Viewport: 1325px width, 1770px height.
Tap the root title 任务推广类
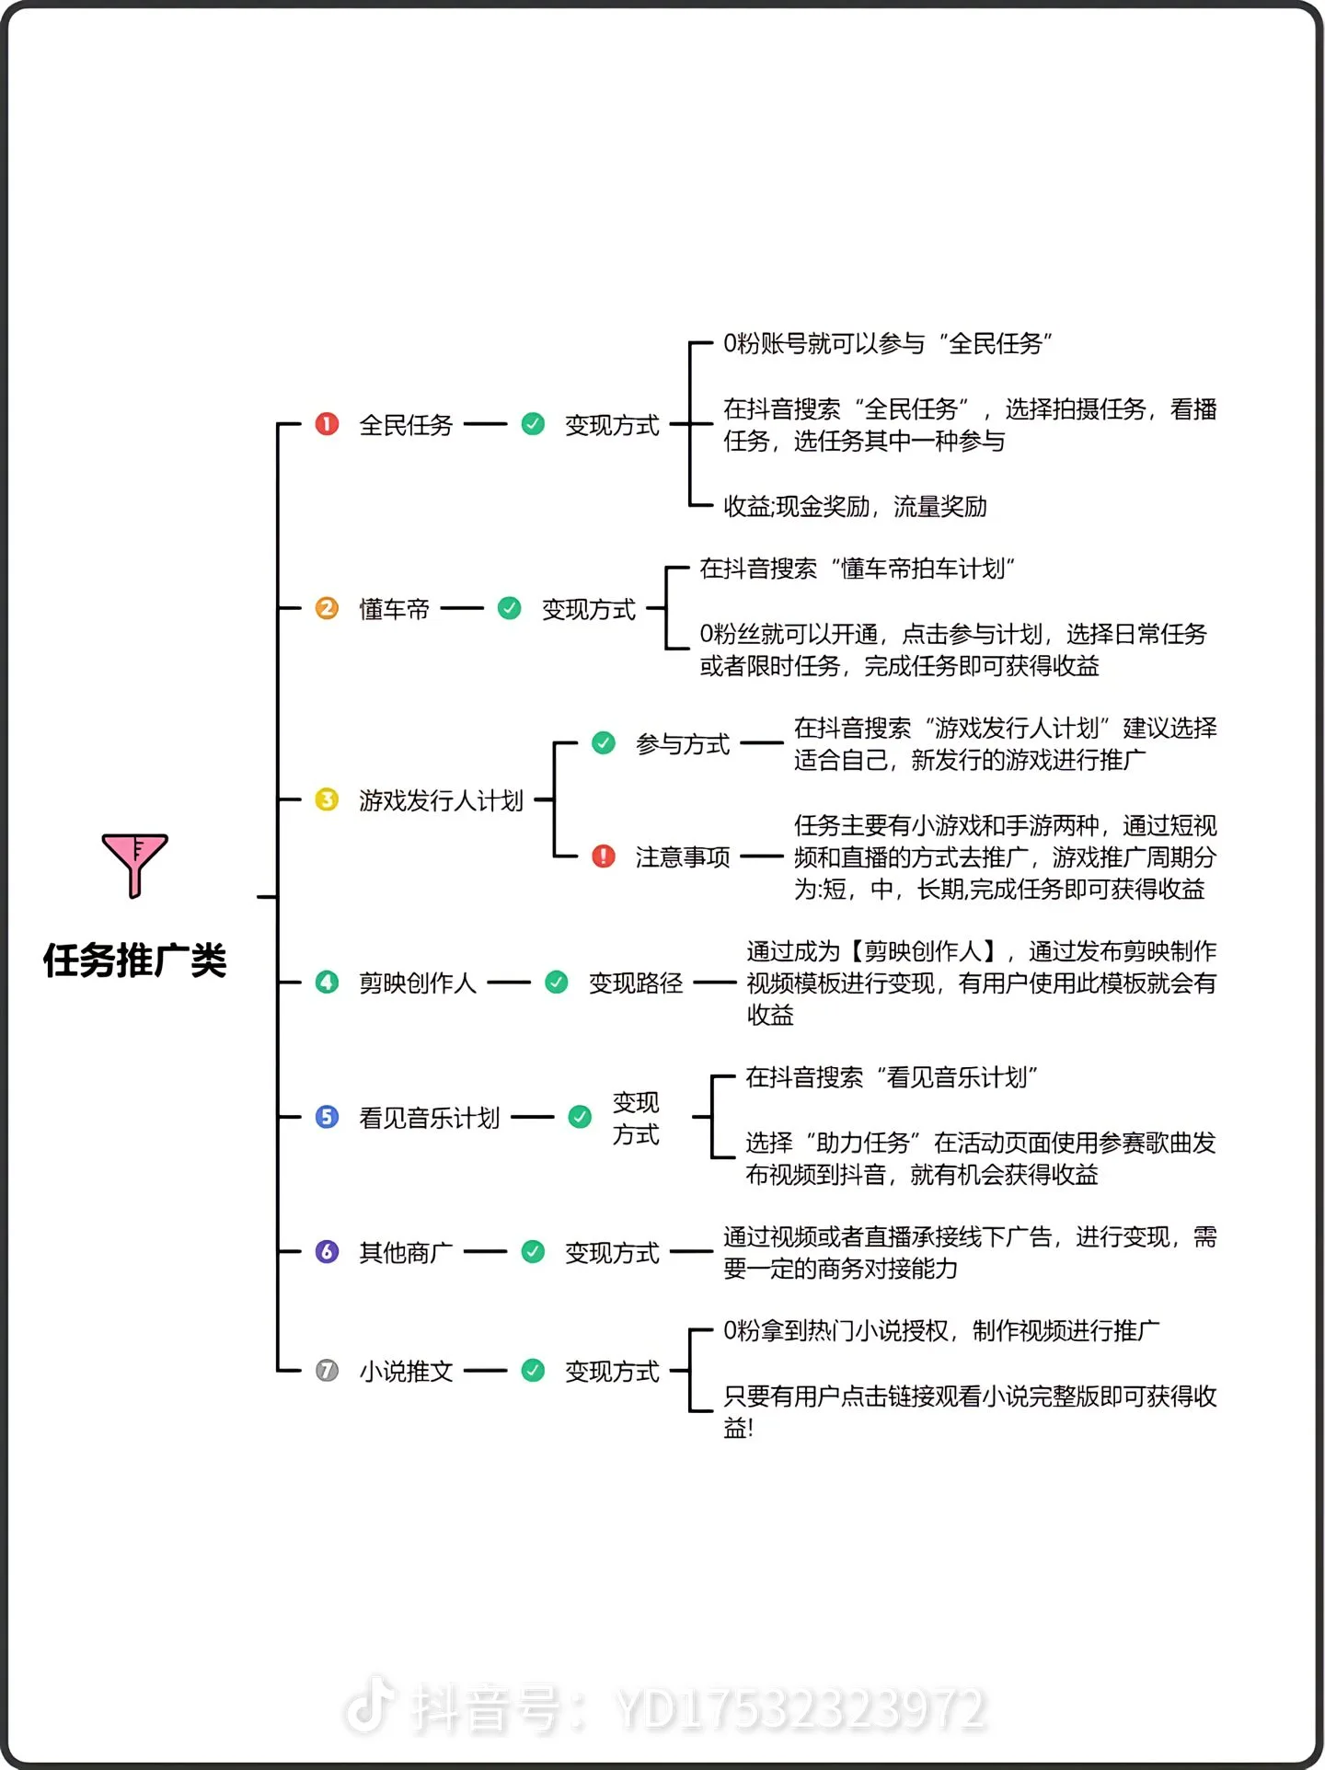(134, 960)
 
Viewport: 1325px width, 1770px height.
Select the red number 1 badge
(327, 424)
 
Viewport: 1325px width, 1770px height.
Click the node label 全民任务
(406, 425)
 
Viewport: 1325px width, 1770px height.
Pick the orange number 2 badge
(327, 608)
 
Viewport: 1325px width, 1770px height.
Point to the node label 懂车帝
(394, 609)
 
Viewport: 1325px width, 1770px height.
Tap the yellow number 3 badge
(327, 799)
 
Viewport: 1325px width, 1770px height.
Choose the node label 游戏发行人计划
(441, 800)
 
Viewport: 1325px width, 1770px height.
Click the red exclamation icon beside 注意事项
(604, 856)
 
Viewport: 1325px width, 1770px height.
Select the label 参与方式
(682, 743)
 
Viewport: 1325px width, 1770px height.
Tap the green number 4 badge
(327, 983)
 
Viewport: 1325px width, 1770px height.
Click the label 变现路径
(636, 983)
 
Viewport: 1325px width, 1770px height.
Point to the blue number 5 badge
(327, 1117)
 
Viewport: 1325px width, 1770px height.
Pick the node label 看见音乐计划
(430, 1118)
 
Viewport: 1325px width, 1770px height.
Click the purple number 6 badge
(327, 1251)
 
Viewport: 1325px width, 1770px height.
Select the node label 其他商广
(406, 1252)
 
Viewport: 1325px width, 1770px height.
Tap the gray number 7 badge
(327, 1371)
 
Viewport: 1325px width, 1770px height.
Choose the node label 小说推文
(406, 1372)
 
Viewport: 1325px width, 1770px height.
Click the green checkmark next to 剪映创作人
(557, 983)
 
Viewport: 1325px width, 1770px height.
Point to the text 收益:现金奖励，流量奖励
(855, 506)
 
